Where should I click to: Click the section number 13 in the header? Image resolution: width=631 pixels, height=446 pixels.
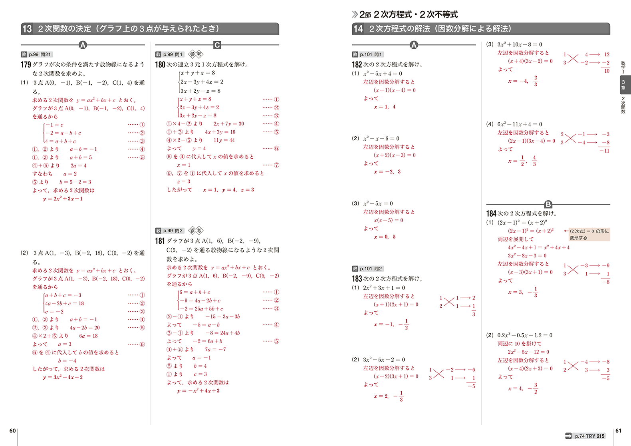pos(27,29)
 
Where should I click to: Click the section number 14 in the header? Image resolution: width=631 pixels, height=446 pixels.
pos(358,29)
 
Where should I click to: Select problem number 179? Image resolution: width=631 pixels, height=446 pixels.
pos(26,64)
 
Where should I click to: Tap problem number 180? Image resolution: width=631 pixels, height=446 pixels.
pos(160,64)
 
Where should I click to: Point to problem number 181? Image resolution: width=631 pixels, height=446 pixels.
pos(160,241)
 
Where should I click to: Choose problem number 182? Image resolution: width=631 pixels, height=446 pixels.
pos(357,64)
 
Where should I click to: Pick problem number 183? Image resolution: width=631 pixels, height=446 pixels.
pos(357,279)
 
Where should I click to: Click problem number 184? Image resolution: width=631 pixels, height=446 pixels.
pos(491,213)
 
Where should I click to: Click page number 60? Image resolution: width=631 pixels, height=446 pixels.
pos(13,431)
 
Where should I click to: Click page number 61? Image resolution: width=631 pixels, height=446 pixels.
pos(618,431)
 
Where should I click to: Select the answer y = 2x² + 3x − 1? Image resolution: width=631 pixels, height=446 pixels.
pos(63,199)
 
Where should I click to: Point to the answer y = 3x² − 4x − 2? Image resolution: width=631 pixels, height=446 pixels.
pos(63,377)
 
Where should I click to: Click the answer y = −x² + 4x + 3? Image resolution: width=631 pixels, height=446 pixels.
pos(198,391)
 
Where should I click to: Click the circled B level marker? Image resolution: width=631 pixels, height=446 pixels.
pos(548,204)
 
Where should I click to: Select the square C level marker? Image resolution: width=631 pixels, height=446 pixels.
pos(217,45)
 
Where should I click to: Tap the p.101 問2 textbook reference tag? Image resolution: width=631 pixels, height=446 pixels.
pos(368,269)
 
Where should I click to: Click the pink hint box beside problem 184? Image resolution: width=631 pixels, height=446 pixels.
pos(589,234)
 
